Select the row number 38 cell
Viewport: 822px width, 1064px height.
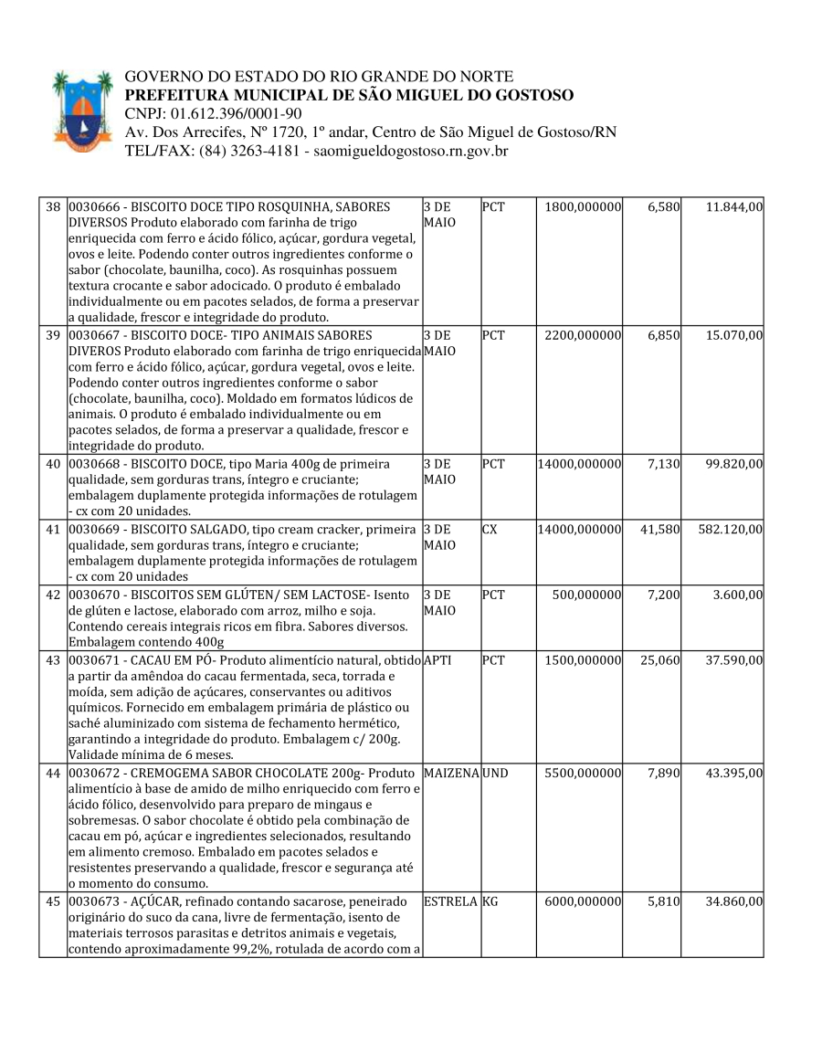pos(53,207)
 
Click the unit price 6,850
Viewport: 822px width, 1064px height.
pos(663,335)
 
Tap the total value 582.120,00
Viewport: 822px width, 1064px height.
pos(731,529)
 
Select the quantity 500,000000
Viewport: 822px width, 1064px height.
pos(586,594)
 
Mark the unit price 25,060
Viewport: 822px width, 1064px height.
pos(659,659)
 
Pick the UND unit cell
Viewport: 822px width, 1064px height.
pos(496,773)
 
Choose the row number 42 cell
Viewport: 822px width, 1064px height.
pos(53,594)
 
